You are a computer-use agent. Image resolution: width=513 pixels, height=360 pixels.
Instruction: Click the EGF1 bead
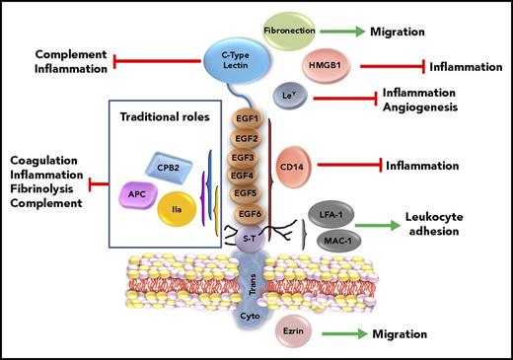[248, 119]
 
